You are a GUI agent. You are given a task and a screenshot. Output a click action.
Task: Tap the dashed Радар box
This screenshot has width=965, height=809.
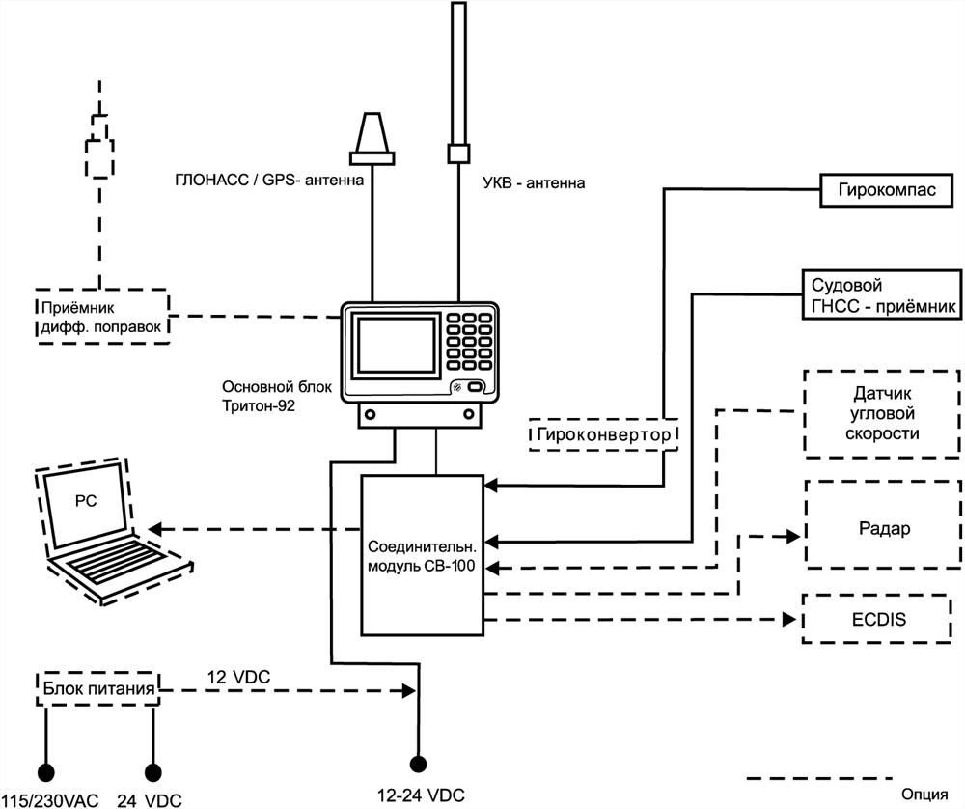[x=884, y=529]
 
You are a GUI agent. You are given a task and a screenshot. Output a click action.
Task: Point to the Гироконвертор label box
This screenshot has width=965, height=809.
[x=603, y=435]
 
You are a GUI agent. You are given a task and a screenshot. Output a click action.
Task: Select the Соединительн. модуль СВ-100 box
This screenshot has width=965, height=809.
[x=422, y=554]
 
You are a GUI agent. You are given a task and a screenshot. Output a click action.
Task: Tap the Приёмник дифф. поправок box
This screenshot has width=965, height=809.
[x=100, y=316]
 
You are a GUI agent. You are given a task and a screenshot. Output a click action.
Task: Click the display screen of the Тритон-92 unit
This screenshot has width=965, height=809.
[x=391, y=345]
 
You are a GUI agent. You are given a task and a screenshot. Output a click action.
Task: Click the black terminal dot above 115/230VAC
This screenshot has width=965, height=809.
[x=45, y=770]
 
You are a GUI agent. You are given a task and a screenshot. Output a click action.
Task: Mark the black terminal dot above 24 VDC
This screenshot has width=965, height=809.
[x=152, y=770]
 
